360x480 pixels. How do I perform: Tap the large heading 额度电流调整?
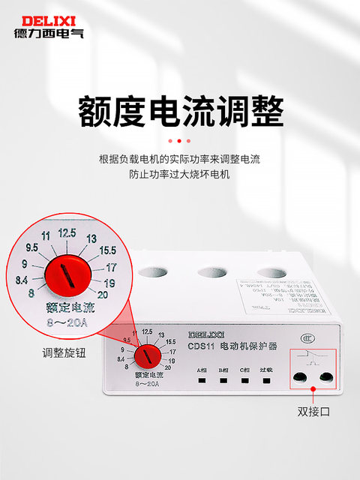[x=181, y=112]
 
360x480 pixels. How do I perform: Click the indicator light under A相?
[x=202, y=379]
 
